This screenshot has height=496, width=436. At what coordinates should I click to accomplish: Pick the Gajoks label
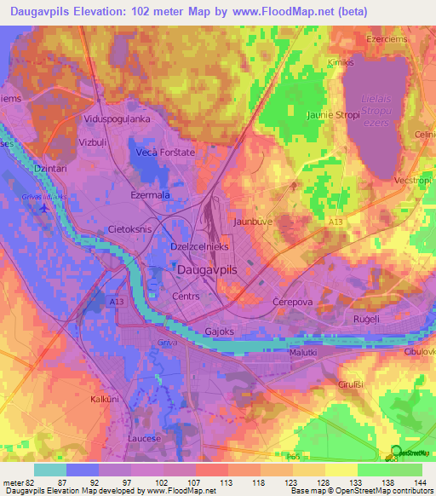(219, 332)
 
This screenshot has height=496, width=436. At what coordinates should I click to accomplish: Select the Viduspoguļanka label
(118, 119)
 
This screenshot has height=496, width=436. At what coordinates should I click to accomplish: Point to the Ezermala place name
(151, 195)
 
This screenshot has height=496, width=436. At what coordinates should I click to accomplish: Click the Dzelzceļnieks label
(199, 245)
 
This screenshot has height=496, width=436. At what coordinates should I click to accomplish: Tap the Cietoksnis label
(129, 230)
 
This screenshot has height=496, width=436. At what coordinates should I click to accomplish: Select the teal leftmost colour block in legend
(50, 470)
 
